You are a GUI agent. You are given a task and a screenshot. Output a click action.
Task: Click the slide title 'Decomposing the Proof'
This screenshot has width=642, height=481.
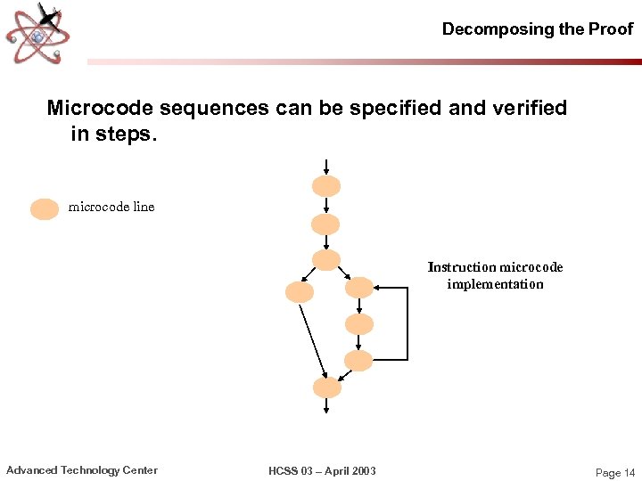tap(538, 29)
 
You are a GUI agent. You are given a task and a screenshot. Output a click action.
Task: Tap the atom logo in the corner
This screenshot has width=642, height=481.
tap(37, 33)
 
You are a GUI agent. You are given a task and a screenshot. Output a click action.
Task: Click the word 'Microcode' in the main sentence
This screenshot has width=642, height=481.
tap(100, 109)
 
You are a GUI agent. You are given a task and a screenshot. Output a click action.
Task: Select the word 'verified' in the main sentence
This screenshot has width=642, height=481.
tap(527, 109)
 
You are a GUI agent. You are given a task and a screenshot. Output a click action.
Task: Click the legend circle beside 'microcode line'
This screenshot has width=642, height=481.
tap(45, 209)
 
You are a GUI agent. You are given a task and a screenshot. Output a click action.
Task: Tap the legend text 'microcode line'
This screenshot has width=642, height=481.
tap(111, 207)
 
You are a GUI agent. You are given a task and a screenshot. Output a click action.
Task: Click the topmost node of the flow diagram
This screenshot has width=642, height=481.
tap(326, 186)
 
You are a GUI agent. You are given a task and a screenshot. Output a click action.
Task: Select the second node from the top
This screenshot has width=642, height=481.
tap(326, 224)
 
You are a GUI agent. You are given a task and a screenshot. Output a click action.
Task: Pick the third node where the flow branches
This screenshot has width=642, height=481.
tap(326, 260)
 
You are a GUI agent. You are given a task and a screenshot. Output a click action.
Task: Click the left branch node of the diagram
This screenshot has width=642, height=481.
tap(299, 292)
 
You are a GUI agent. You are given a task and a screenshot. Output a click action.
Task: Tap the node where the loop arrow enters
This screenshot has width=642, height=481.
tap(358, 288)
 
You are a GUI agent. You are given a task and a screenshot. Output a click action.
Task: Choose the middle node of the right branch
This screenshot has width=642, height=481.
tap(358, 324)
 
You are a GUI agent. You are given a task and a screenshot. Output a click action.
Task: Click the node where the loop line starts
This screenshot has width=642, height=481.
tap(358, 361)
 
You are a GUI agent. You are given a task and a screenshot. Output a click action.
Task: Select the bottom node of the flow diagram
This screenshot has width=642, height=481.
tap(326, 387)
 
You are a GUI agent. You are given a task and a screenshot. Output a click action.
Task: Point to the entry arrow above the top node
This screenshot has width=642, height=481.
tap(326, 167)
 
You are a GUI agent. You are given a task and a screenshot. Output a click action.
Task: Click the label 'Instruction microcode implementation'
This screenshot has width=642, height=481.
tap(495, 275)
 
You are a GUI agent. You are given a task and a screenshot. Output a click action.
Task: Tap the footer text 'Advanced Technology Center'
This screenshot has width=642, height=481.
tap(82, 470)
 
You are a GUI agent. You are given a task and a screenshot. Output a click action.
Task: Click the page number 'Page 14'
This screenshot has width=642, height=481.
tap(614, 473)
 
